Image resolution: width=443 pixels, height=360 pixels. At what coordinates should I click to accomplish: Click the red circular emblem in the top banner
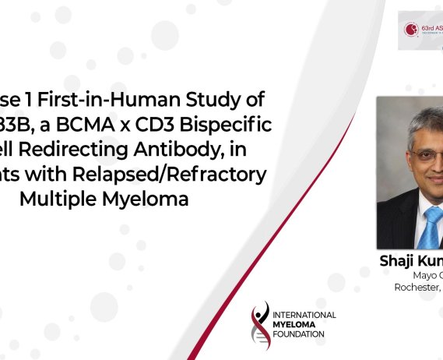412,30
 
